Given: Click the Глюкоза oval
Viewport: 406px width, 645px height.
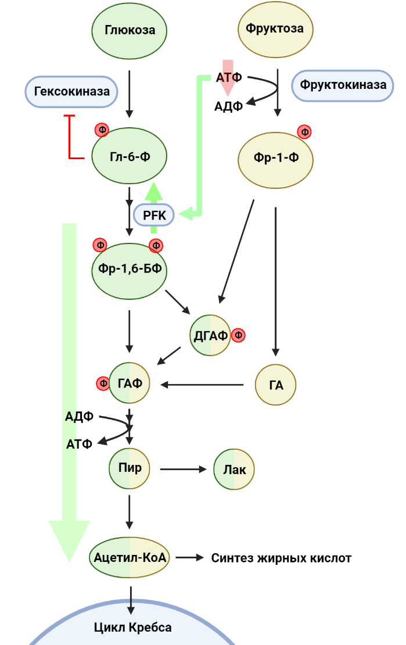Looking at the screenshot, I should pyautogui.click(x=130, y=30).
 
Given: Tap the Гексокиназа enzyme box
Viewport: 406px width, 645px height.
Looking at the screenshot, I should pyautogui.click(x=71, y=92).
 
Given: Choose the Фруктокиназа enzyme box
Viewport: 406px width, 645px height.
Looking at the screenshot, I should pyautogui.click(x=343, y=85).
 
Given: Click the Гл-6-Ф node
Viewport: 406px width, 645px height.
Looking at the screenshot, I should pyautogui.click(x=130, y=156).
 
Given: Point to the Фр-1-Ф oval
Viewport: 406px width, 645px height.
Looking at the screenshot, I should pyautogui.click(x=276, y=157).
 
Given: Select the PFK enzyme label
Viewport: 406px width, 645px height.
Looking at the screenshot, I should pyautogui.click(x=154, y=216).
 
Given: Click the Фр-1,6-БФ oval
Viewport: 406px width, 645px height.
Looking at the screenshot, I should pyautogui.click(x=130, y=269).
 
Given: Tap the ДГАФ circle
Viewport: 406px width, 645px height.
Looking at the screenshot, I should pyautogui.click(x=210, y=335).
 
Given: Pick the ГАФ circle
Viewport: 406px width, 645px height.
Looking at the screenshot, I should pyautogui.click(x=130, y=383).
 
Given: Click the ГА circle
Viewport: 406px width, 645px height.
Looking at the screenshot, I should pyautogui.click(x=276, y=384).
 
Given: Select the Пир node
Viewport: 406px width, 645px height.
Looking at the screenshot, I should pyautogui.click(x=130, y=468).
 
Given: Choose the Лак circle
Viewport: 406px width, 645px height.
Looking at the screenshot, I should pyautogui.click(x=235, y=470).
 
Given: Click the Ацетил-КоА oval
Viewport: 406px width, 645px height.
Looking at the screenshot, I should pyautogui.click(x=130, y=558).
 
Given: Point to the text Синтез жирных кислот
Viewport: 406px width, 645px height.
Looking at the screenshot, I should pyautogui.click(x=281, y=558).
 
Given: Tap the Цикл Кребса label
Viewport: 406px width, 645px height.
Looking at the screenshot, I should pyautogui.click(x=132, y=628).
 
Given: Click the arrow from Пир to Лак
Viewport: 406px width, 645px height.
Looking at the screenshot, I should pyautogui.click(x=184, y=469).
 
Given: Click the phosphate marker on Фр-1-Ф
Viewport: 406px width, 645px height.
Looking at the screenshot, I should pyautogui.click(x=304, y=132).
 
